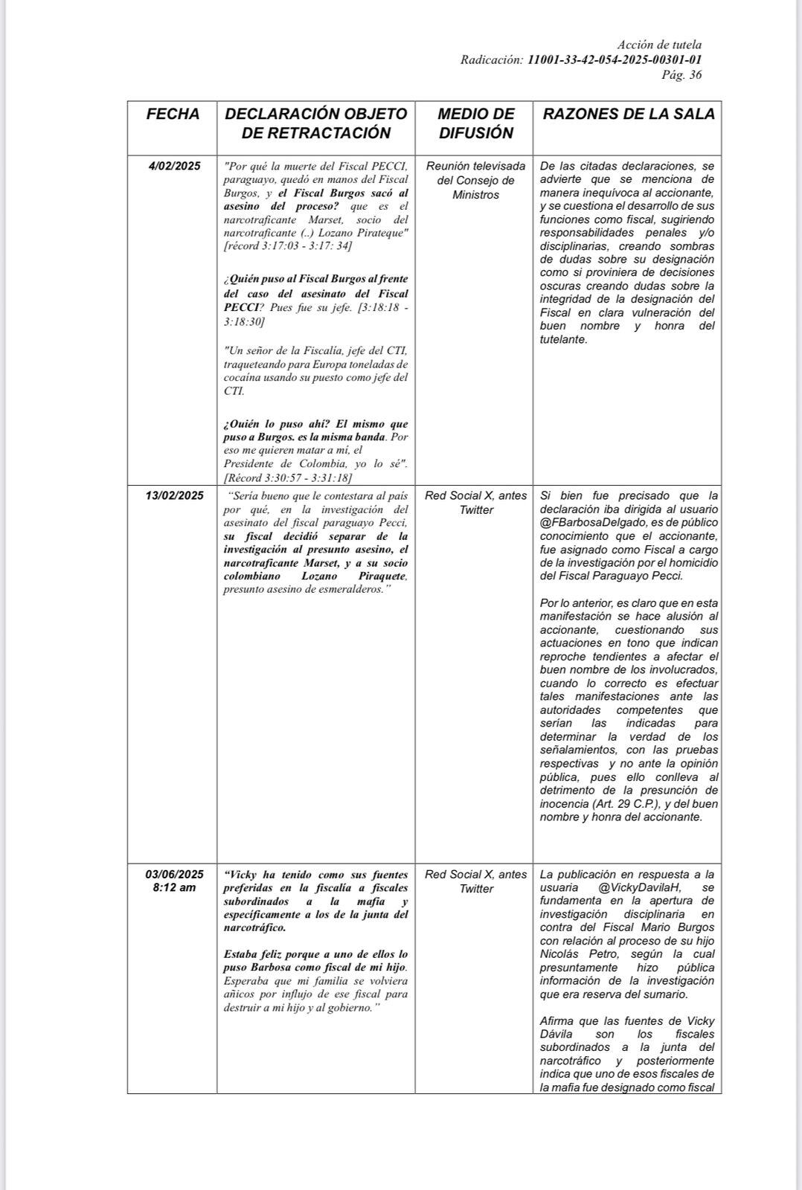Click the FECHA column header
click(173, 115)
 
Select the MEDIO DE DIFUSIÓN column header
click(475, 123)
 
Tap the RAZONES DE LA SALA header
click(629, 114)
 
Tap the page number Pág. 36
click(681, 75)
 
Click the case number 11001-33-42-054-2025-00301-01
click(615, 60)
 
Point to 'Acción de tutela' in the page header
click(659, 45)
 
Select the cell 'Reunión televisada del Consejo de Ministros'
click(475, 180)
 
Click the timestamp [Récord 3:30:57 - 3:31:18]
click(288, 478)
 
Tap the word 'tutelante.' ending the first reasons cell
click(563, 339)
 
